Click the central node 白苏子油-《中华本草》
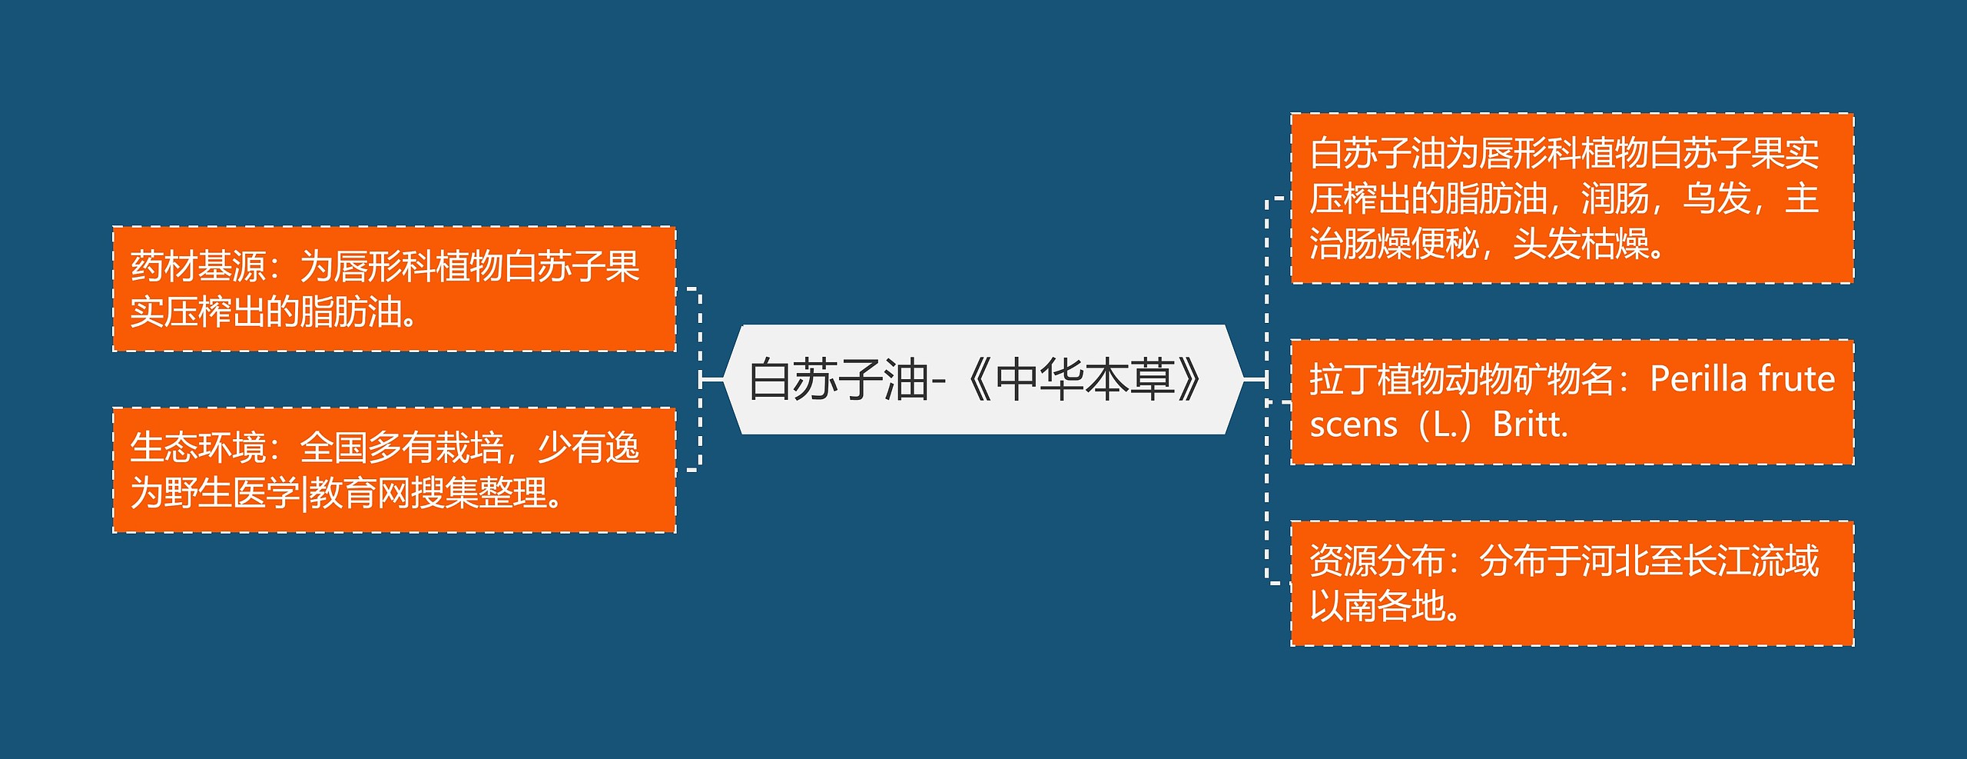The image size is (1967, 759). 983,379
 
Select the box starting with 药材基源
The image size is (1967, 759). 394,289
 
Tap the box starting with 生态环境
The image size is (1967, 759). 394,470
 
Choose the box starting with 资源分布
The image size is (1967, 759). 1572,584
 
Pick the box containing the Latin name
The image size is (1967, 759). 1572,402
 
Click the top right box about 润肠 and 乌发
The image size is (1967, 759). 1572,198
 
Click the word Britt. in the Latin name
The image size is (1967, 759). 1530,424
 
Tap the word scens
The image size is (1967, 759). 1353,425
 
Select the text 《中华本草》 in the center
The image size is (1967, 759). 1084,379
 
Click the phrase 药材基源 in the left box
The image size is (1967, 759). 197,267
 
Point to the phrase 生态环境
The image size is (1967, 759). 197,448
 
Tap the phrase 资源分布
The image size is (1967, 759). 1377,561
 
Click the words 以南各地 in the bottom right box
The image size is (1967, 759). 1377,606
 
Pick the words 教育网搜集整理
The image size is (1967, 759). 426,493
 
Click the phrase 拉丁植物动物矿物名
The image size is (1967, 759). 1461,379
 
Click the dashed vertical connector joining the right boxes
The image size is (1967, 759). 1267,391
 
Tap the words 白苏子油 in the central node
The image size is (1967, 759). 838,379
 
